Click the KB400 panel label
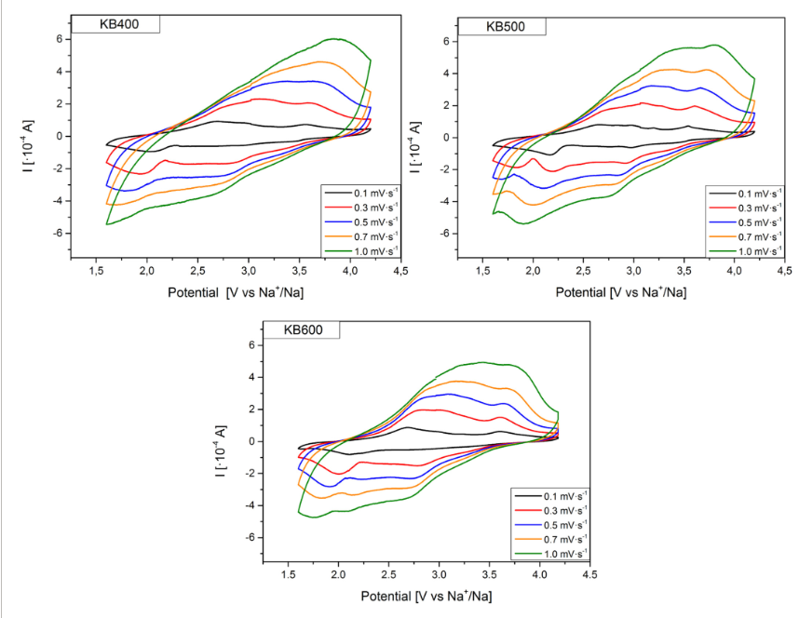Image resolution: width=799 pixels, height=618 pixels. coord(119,24)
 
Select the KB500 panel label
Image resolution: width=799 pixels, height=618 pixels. coord(505,26)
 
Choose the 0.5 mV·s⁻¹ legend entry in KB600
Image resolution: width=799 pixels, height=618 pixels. coord(555,525)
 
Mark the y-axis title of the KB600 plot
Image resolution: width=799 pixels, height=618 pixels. coord(220,441)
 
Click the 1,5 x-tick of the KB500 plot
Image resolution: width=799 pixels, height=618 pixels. coord(482,271)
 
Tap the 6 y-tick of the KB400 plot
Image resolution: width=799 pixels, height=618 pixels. coord(58,39)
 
